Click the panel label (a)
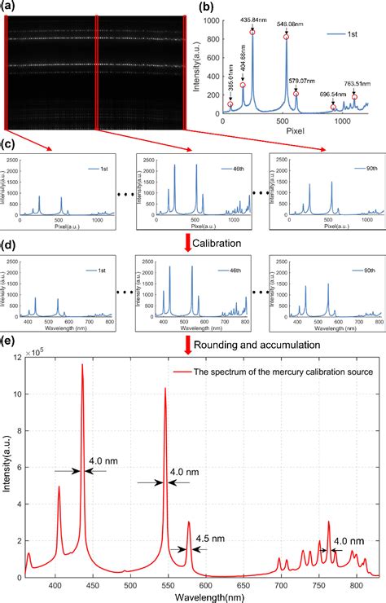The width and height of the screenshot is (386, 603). pos(9,7)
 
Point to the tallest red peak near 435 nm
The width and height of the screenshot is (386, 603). pos(82,367)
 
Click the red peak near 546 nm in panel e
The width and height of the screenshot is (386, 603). pos(165,390)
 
